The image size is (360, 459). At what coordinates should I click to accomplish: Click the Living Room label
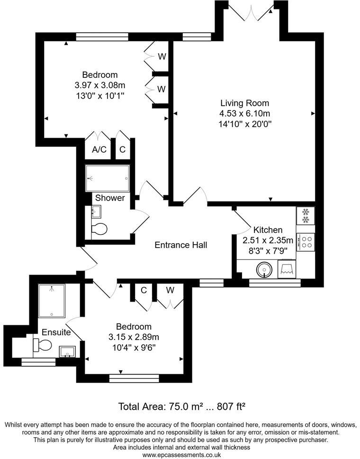244,103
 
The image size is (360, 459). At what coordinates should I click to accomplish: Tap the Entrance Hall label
181,245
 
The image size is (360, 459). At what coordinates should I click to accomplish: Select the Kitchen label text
268,229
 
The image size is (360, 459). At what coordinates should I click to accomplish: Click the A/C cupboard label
99,150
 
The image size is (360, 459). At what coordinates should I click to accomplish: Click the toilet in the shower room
99,229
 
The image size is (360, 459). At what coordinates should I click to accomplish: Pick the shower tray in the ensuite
52,301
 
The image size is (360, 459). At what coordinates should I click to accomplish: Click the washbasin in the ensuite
67,351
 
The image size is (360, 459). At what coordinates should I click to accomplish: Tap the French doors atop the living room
251,11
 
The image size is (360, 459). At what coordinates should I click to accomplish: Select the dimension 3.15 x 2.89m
134,337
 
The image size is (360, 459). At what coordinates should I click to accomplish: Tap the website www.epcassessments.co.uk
180,455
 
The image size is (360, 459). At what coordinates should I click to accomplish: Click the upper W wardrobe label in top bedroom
162,57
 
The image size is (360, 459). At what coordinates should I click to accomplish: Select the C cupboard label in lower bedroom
143,290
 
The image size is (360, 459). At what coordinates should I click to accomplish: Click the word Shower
110,198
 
